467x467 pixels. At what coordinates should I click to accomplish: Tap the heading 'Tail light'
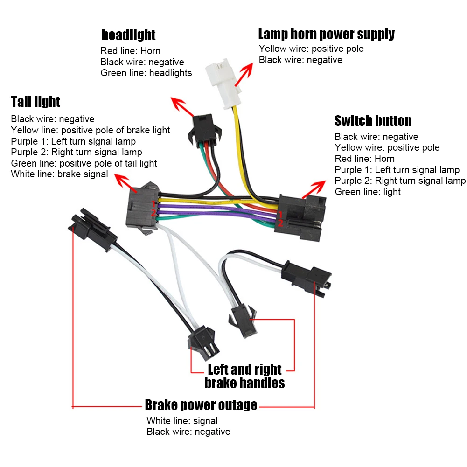pos(35,102)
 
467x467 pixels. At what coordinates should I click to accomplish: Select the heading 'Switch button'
pos(373,121)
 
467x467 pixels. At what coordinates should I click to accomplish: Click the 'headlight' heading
pos(128,35)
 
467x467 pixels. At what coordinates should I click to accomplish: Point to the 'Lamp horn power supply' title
pos(326,34)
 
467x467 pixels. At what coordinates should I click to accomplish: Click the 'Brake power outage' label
pos(201,405)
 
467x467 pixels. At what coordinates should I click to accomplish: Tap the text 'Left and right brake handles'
pos(244,376)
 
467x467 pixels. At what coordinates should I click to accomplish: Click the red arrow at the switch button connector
pos(314,188)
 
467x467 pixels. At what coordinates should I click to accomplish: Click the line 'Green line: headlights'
pos(146,73)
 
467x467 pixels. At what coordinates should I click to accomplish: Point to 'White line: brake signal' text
pos(59,174)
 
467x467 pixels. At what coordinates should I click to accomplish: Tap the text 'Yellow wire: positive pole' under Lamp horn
pos(311,49)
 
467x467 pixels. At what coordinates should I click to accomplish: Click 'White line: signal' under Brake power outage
pos(182,421)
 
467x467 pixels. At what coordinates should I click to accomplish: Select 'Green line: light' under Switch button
pos(368,192)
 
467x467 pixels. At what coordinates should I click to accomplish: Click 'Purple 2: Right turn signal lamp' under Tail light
pos(76,152)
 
